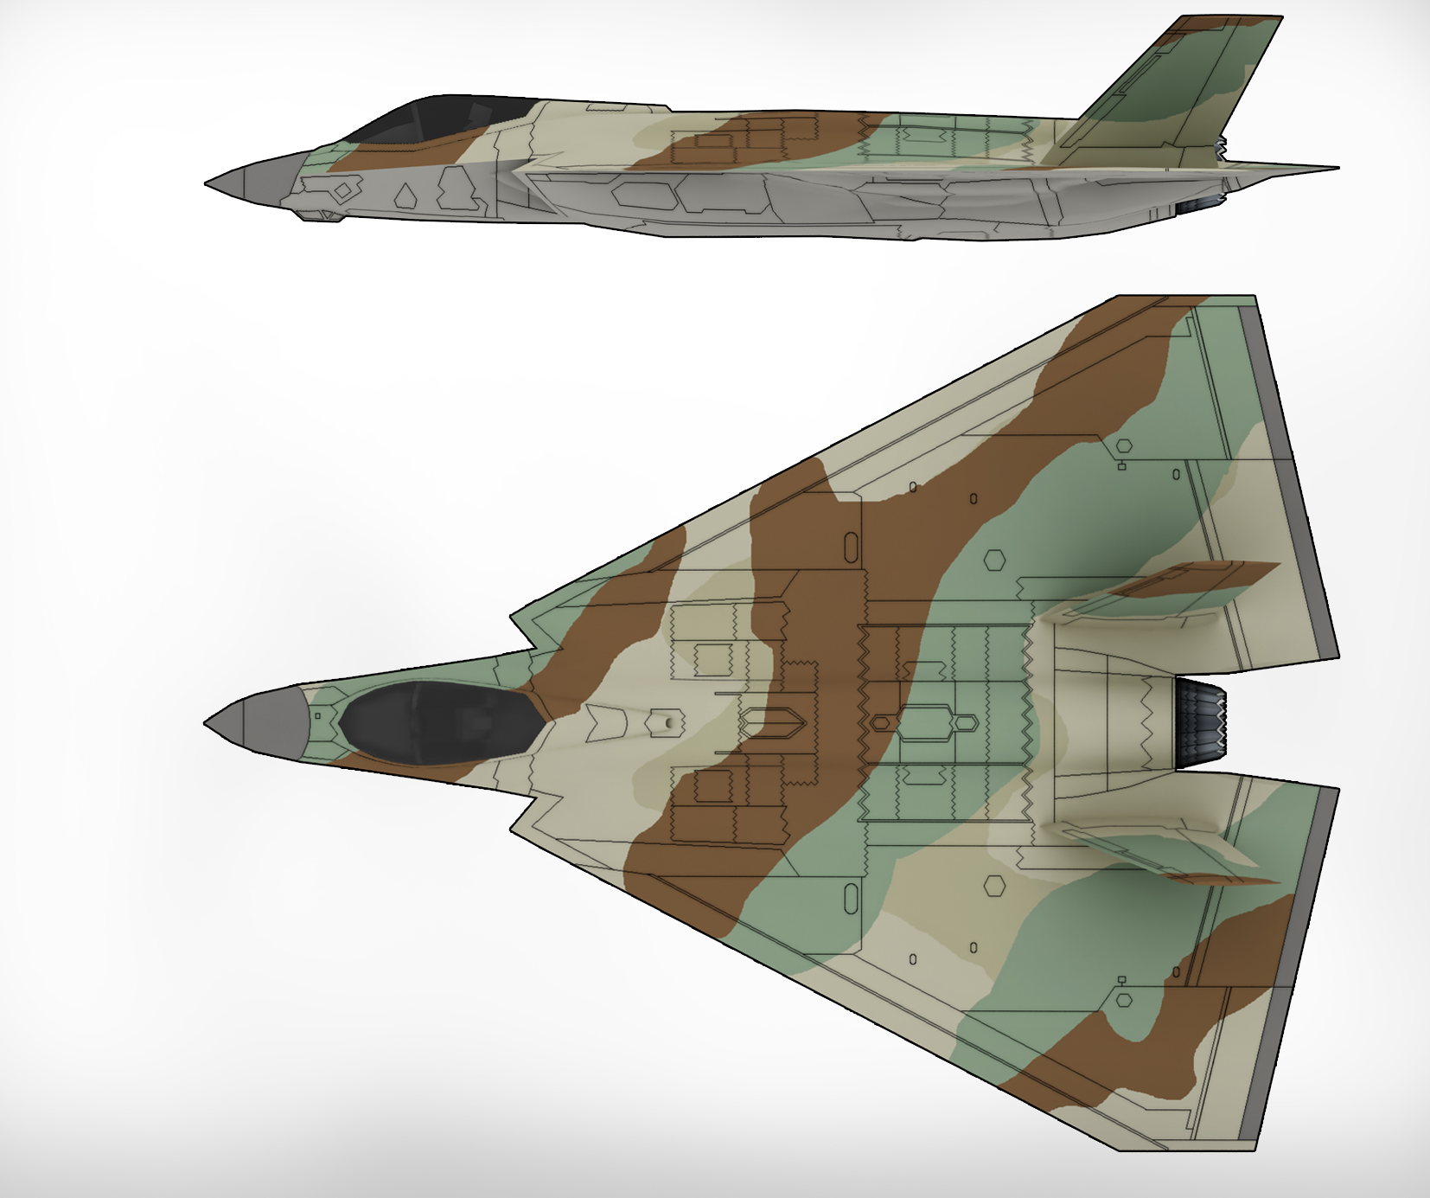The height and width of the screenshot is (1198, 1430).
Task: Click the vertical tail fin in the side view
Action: pos(1193,86)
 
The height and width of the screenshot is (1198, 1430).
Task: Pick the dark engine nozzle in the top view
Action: pos(1200,723)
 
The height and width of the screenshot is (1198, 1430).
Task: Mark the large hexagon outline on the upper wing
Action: pos(995,561)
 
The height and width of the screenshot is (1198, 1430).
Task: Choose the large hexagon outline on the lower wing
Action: pos(995,885)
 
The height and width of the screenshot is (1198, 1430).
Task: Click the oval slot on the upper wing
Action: pos(851,547)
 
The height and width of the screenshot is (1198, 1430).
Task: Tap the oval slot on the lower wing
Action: pos(851,899)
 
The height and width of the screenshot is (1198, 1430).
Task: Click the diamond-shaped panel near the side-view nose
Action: pos(343,190)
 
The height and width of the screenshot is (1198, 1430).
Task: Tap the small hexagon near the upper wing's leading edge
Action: pos(1124,446)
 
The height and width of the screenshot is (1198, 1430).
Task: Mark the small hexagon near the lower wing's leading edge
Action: pos(1124,1000)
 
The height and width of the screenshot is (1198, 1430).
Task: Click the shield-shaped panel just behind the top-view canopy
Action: pos(605,722)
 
